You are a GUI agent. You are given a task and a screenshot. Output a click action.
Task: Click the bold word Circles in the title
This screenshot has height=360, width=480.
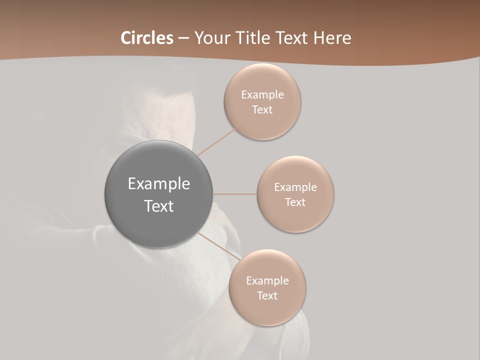147,38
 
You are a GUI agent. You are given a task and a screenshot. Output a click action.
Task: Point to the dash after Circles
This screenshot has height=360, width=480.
183,38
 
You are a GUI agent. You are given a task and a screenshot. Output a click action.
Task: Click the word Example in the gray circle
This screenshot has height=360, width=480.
159,184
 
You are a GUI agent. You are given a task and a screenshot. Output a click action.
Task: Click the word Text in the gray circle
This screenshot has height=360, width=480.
159,206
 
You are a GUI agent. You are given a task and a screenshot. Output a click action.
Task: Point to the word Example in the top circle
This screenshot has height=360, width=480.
262,94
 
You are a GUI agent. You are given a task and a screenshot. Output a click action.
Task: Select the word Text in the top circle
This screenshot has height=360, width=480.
262,109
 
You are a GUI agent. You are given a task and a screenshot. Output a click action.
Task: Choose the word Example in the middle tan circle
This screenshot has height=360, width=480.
295,187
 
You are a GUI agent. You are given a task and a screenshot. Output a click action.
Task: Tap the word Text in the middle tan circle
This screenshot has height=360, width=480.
295,202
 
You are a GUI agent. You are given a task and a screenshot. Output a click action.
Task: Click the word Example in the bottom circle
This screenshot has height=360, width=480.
267,280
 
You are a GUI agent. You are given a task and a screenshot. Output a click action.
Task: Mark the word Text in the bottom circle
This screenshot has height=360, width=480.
267,295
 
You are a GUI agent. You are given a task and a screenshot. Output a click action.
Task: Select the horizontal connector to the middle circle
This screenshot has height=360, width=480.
235,194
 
